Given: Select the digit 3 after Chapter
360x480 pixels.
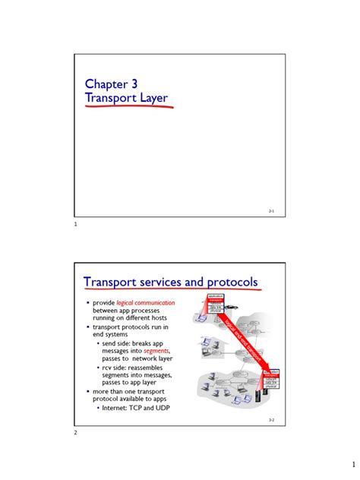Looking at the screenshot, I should point(134,84).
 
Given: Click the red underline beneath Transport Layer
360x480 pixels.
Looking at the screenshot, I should point(129,108).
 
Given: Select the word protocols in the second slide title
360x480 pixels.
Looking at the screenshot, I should point(228,283).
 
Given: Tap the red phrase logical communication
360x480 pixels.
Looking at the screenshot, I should point(150,302).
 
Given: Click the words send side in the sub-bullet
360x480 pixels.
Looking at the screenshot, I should point(116,342).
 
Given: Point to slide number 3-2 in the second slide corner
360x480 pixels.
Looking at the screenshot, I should point(273,420).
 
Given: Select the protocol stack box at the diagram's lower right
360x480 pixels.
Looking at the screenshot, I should point(270,380).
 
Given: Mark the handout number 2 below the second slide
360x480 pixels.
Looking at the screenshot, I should point(76,433).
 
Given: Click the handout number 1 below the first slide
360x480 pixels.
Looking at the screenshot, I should point(76,224).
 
